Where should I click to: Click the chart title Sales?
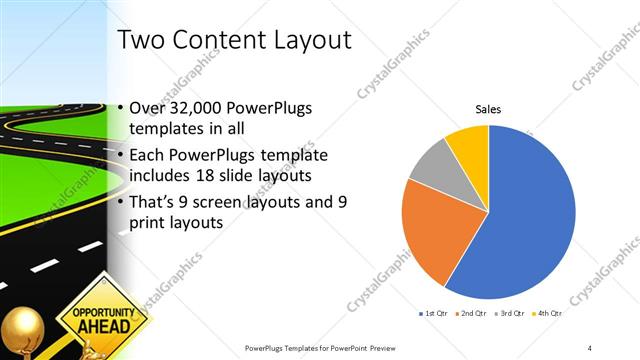(x=488, y=109)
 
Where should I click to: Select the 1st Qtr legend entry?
(x=434, y=314)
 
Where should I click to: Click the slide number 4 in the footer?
(x=590, y=347)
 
